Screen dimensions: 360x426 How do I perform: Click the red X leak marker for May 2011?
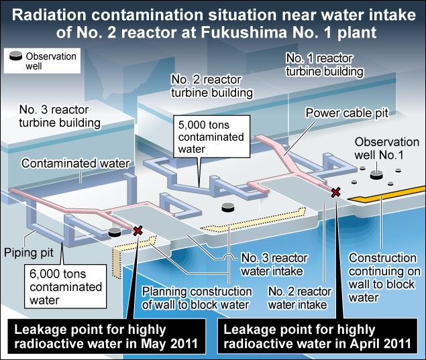[x=138, y=231]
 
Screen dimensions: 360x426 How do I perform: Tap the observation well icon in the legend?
[x=15, y=57]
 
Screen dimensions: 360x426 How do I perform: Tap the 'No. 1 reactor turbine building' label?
[x=325, y=65]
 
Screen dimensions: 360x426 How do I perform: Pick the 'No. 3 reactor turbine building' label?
[x=60, y=117]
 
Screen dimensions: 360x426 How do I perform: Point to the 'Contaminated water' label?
[x=62, y=163]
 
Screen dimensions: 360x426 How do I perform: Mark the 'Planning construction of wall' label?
[x=195, y=298]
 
